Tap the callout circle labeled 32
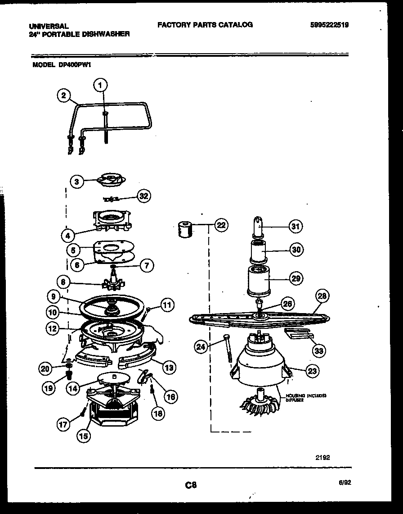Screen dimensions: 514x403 point(143,196)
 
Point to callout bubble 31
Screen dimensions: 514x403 point(295,227)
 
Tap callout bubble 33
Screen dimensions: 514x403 point(319,350)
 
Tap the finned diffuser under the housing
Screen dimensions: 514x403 point(260,404)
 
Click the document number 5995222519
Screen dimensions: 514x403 point(329,25)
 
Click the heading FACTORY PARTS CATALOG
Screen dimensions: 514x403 point(205,25)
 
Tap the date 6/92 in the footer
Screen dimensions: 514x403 point(345,482)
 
